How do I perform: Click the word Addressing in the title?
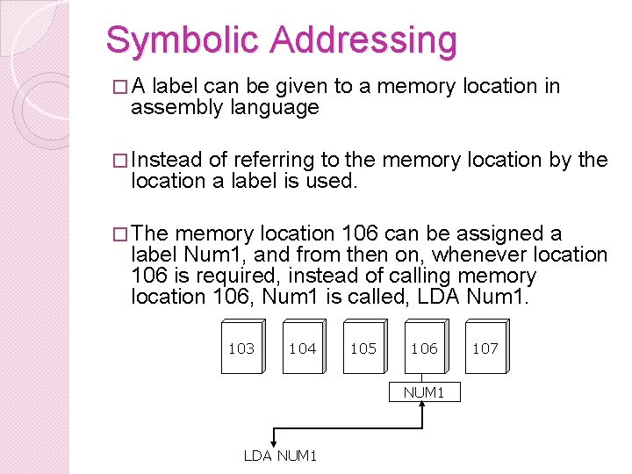pos(363,40)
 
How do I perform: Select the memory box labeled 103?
pos(241,348)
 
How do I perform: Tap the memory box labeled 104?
pos(302,348)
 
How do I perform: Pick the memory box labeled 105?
pos(363,348)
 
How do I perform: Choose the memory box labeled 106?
pos(424,348)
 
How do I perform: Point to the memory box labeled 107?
pos(485,348)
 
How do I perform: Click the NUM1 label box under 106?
pos(424,392)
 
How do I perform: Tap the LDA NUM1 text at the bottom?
pos(280,455)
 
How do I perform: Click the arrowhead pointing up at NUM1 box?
pos(424,407)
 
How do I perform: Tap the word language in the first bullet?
pos(275,108)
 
